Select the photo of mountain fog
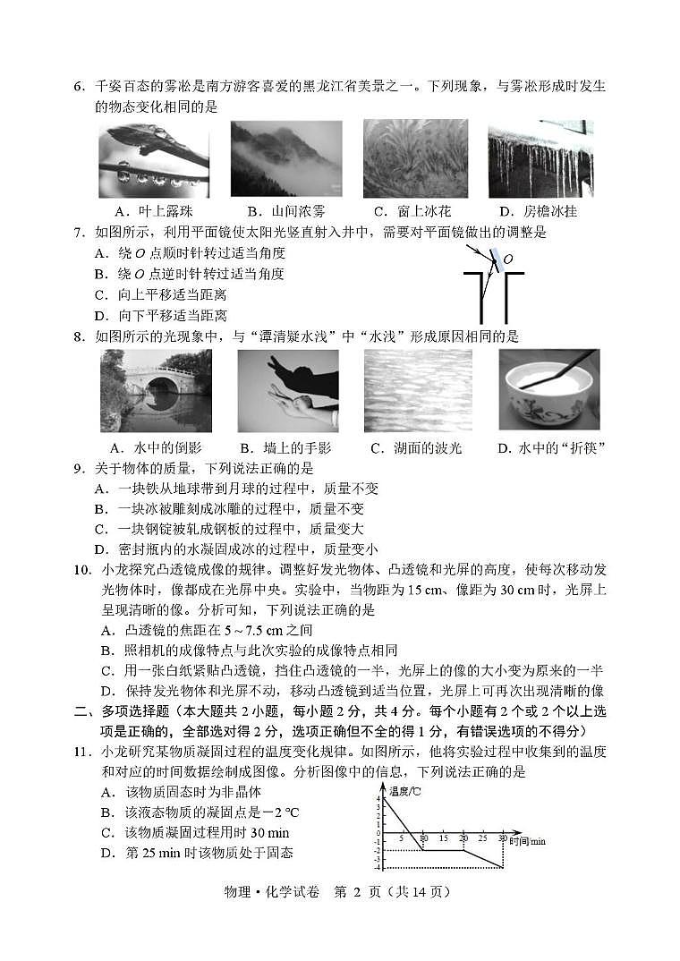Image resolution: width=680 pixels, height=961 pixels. [285, 158]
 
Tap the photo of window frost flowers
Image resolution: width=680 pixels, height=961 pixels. [415, 158]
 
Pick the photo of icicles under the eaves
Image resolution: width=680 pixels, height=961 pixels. [540, 158]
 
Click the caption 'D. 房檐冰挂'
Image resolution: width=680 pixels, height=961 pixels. [538, 212]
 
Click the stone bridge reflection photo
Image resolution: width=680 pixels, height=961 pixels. [156, 390]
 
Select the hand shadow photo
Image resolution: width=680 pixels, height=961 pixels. [287, 390]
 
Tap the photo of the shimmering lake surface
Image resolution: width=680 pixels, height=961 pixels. [416, 390]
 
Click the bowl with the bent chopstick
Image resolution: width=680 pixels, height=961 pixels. [548, 390]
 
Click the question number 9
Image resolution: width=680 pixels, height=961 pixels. [79, 468]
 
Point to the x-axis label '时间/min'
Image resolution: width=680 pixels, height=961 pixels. [527, 841]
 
